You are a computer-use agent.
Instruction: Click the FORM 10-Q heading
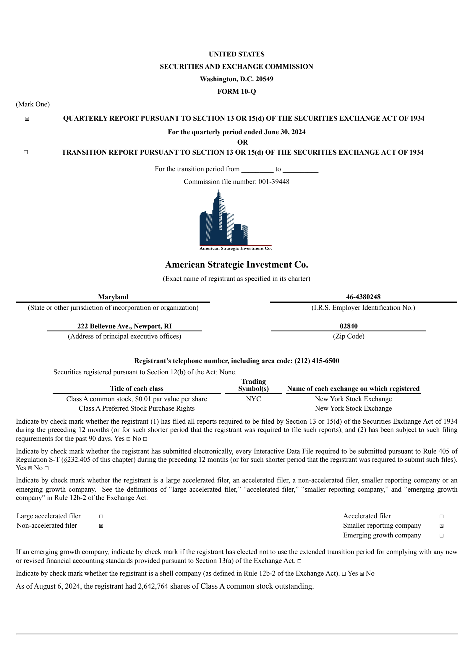click(x=237, y=92)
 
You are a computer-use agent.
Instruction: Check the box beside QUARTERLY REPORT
click(x=27, y=119)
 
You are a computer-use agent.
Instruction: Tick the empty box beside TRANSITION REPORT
click(x=26, y=152)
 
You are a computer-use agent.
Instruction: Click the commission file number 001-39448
click(x=274, y=182)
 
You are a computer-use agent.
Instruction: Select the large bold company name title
click(x=237, y=264)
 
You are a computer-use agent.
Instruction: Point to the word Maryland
click(x=113, y=297)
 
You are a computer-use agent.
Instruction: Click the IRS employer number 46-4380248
click(x=363, y=297)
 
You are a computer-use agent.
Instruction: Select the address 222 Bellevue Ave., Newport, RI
click(x=124, y=326)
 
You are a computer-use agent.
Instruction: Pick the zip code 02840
click(x=349, y=326)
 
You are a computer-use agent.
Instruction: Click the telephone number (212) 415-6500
click(x=317, y=361)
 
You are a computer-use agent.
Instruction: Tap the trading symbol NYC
click(x=253, y=399)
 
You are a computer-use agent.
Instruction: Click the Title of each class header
click(x=137, y=388)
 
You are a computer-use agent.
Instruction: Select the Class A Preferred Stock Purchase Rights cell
click(x=137, y=408)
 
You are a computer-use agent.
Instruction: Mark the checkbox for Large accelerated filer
click(x=101, y=516)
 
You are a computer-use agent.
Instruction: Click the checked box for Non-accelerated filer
click(x=101, y=526)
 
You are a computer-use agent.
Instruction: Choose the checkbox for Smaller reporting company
click(x=441, y=526)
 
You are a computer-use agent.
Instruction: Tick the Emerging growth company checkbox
click(x=441, y=536)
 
